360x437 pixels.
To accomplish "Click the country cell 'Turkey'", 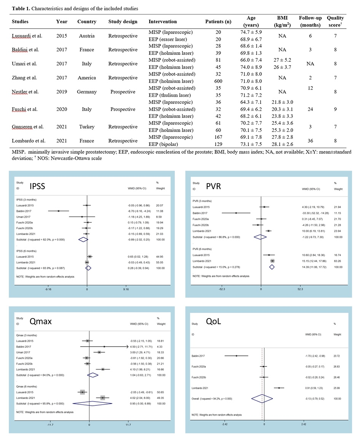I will [x=87, y=127].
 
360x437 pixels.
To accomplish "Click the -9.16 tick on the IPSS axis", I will [x=48, y=289].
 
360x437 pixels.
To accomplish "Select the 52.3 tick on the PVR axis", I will [x=300, y=289].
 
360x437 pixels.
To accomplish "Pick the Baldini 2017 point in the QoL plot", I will [x=236, y=356].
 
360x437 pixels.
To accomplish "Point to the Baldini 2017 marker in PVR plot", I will [x=236, y=213].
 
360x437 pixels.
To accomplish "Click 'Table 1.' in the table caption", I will [x=20, y=8].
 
